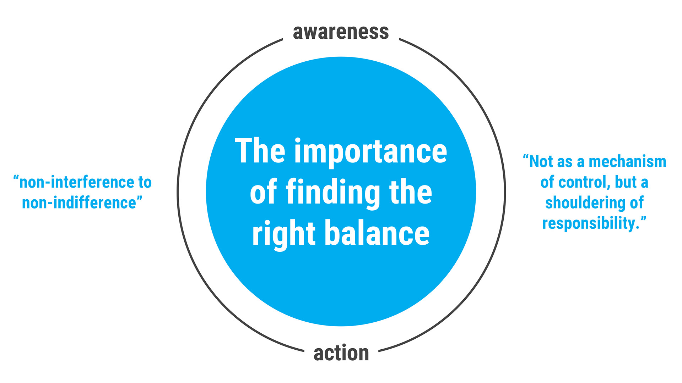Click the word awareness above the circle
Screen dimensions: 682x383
[x=341, y=32]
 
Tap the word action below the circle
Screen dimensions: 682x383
[x=341, y=353]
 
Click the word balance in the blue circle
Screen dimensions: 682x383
[x=377, y=233]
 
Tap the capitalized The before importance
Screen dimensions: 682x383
[x=260, y=151]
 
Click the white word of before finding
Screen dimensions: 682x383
[x=264, y=192]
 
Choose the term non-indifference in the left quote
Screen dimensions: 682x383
[x=79, y=203]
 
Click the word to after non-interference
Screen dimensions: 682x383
[x=145, y=183]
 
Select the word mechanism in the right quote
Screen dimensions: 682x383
[x=627, y=162]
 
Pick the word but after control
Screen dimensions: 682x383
[x=626, y=182]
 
